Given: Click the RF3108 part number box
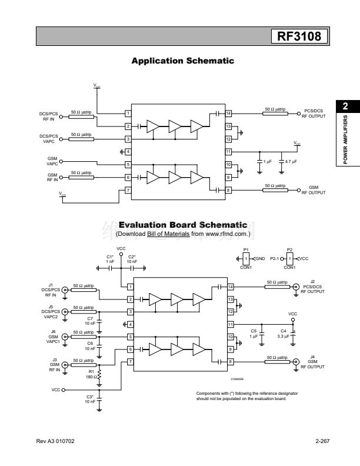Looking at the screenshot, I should tap(299, 37).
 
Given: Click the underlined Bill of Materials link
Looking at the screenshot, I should tap(168, 234).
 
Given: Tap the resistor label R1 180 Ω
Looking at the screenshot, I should tap(91, 374).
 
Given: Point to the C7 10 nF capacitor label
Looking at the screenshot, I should tap(89, 321).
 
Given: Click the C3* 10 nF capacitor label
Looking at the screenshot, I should tap(90, 399).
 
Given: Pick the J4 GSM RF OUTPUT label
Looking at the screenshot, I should tap(312, 361).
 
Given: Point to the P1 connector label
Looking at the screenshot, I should tap(246, 250).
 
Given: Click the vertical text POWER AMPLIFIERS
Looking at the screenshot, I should tap(345, 139).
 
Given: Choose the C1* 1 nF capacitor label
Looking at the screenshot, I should tap(110, 258).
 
